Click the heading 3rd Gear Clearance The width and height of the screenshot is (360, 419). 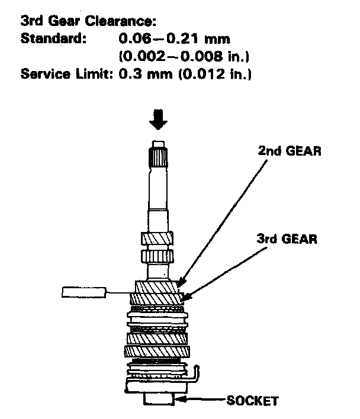tap(87, 22)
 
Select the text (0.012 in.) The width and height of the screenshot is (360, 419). tap(202, 75)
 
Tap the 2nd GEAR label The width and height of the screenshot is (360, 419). tap(289, 151)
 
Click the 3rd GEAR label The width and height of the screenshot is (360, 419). tap(287, 240)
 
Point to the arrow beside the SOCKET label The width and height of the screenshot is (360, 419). tap(198, 401)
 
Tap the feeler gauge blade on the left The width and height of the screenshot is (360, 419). tap(84, 291)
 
